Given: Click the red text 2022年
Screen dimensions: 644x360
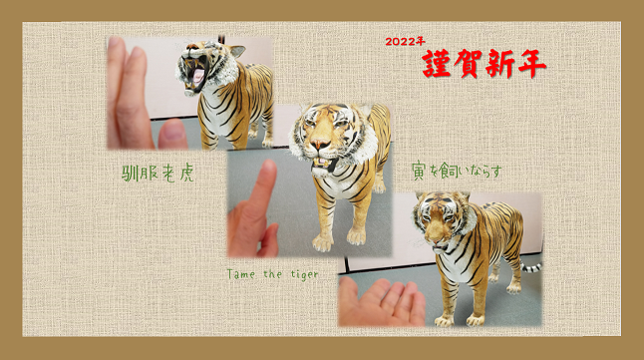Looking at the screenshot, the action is click(x=405, y=41).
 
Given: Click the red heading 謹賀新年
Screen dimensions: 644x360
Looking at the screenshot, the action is click(x=484, y=64).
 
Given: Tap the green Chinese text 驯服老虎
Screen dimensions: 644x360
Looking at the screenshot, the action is click(x=159, y=174).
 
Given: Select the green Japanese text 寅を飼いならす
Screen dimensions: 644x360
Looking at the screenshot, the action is click(x=457, y=172).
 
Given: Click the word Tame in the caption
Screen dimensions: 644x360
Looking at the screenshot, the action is click(x=241, y=273).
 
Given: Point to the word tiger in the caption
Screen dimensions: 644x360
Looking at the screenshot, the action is click(x=304, y=274).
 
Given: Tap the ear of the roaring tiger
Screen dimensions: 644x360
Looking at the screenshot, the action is click(x=238, y=51).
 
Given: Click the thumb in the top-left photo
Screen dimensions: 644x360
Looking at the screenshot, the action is click(x=172, y=134).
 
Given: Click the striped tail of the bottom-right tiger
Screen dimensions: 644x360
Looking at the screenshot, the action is click(x=531, y=268).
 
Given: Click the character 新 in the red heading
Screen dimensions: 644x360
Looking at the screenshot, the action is click(x=499, y=65).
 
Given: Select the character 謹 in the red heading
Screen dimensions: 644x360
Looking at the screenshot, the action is click(x=437, y=64).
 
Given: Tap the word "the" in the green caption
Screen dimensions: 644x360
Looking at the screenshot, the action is click(x=273, y=273).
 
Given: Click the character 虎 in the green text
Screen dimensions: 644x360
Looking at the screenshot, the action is click(x=186, y=174).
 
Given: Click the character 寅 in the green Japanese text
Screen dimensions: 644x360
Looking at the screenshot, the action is click(x=419, y=172).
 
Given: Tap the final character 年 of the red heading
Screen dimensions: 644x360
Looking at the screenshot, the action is click(x=531, y=64).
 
